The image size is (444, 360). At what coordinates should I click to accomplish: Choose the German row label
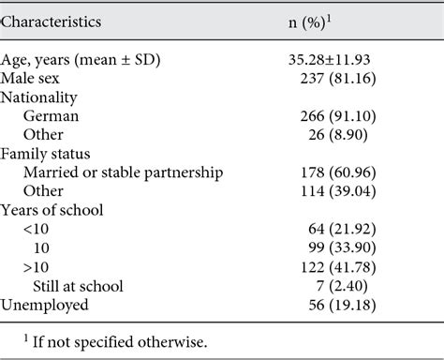pos(59,116)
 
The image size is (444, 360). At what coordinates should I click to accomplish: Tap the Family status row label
pos(52,154)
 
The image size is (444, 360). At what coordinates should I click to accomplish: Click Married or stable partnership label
pos(124,172)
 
